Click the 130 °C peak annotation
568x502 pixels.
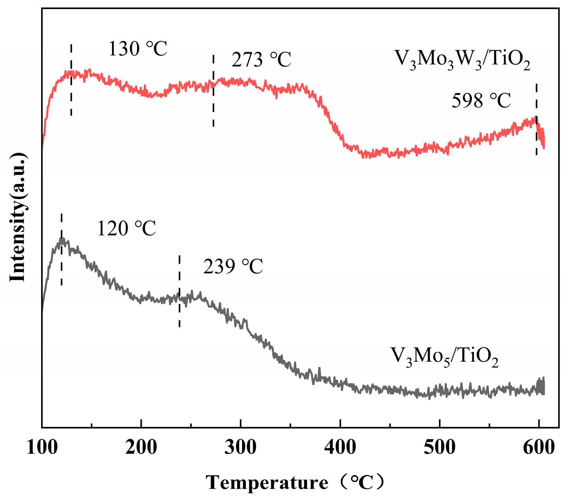tap(138, 49)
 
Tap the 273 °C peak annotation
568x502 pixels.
tap(261, 60)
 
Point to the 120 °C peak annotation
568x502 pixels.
tap(126, 229)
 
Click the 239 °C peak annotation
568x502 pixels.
tap(233, 267)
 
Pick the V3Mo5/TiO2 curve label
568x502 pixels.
tap(444, 357)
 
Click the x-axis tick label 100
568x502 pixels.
tap(42, 448)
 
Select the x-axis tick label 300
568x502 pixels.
tap(241, 448)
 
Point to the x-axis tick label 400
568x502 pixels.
tap(340, 448)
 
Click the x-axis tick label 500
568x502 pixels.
tap(439, 448)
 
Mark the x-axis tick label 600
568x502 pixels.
tap(539, 448)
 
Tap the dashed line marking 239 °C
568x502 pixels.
tap(179, 311)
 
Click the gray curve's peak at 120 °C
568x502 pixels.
tap(62, 240)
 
